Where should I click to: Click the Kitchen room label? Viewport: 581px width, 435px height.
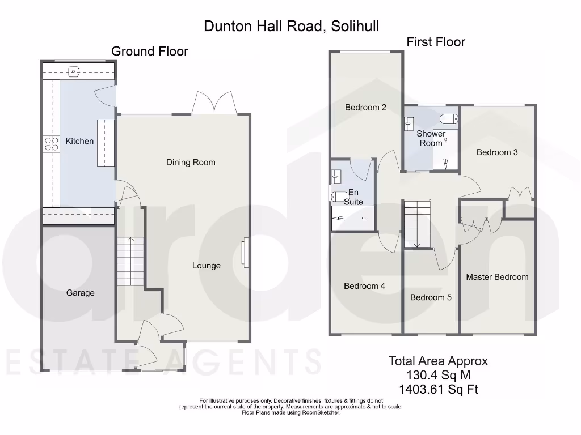coord(79,141)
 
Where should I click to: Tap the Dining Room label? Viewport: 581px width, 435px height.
coord(191,163)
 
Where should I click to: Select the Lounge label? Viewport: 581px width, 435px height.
coord(206,266)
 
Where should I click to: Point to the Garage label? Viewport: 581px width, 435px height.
coord(80,293)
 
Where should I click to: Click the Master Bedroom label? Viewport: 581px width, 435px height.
coord(497,277)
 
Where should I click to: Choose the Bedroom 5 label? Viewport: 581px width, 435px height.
coord(431,297)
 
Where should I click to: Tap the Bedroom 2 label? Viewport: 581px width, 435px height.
coord(365,107)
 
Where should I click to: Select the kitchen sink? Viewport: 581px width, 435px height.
coord(74,71)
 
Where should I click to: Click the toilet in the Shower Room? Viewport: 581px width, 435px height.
coord(448,119)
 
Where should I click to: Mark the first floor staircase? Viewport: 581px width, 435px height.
coord(417,224)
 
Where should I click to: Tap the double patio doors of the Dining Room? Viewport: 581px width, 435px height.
coord(214,103)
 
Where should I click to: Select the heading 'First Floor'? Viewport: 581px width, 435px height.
coord(435,42)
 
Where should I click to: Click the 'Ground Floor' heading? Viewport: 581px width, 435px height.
coord(149,51)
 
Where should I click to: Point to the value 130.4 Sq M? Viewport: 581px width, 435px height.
coord(438,375)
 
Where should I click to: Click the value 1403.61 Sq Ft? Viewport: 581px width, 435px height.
coord(438,389)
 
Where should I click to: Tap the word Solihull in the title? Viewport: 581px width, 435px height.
coord(353,25)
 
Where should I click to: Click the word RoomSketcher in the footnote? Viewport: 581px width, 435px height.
coord(322,413)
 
